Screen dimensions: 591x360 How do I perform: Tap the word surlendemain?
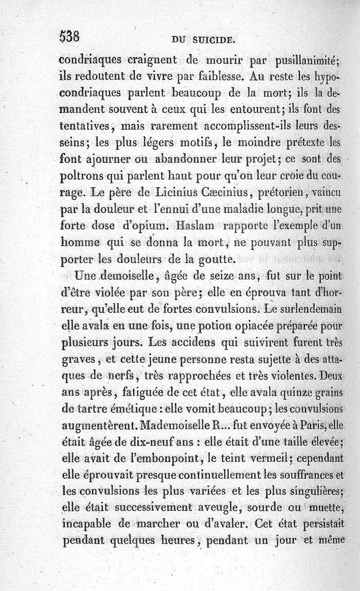311,308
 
